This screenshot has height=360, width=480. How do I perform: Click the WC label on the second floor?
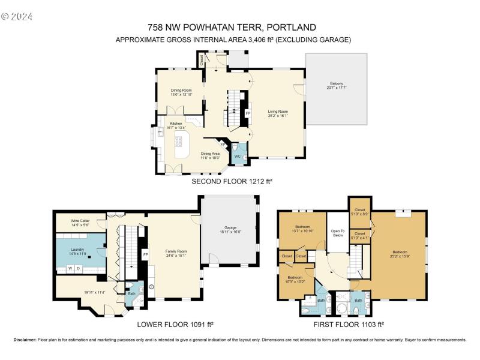(x=238, y=156)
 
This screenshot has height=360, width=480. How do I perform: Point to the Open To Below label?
(x=338, y=233)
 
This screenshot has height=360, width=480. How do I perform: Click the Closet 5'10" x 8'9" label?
(x=360, y=211)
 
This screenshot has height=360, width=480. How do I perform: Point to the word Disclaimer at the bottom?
(x=25, y=340)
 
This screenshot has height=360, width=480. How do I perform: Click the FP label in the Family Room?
(x=145, y=254)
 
